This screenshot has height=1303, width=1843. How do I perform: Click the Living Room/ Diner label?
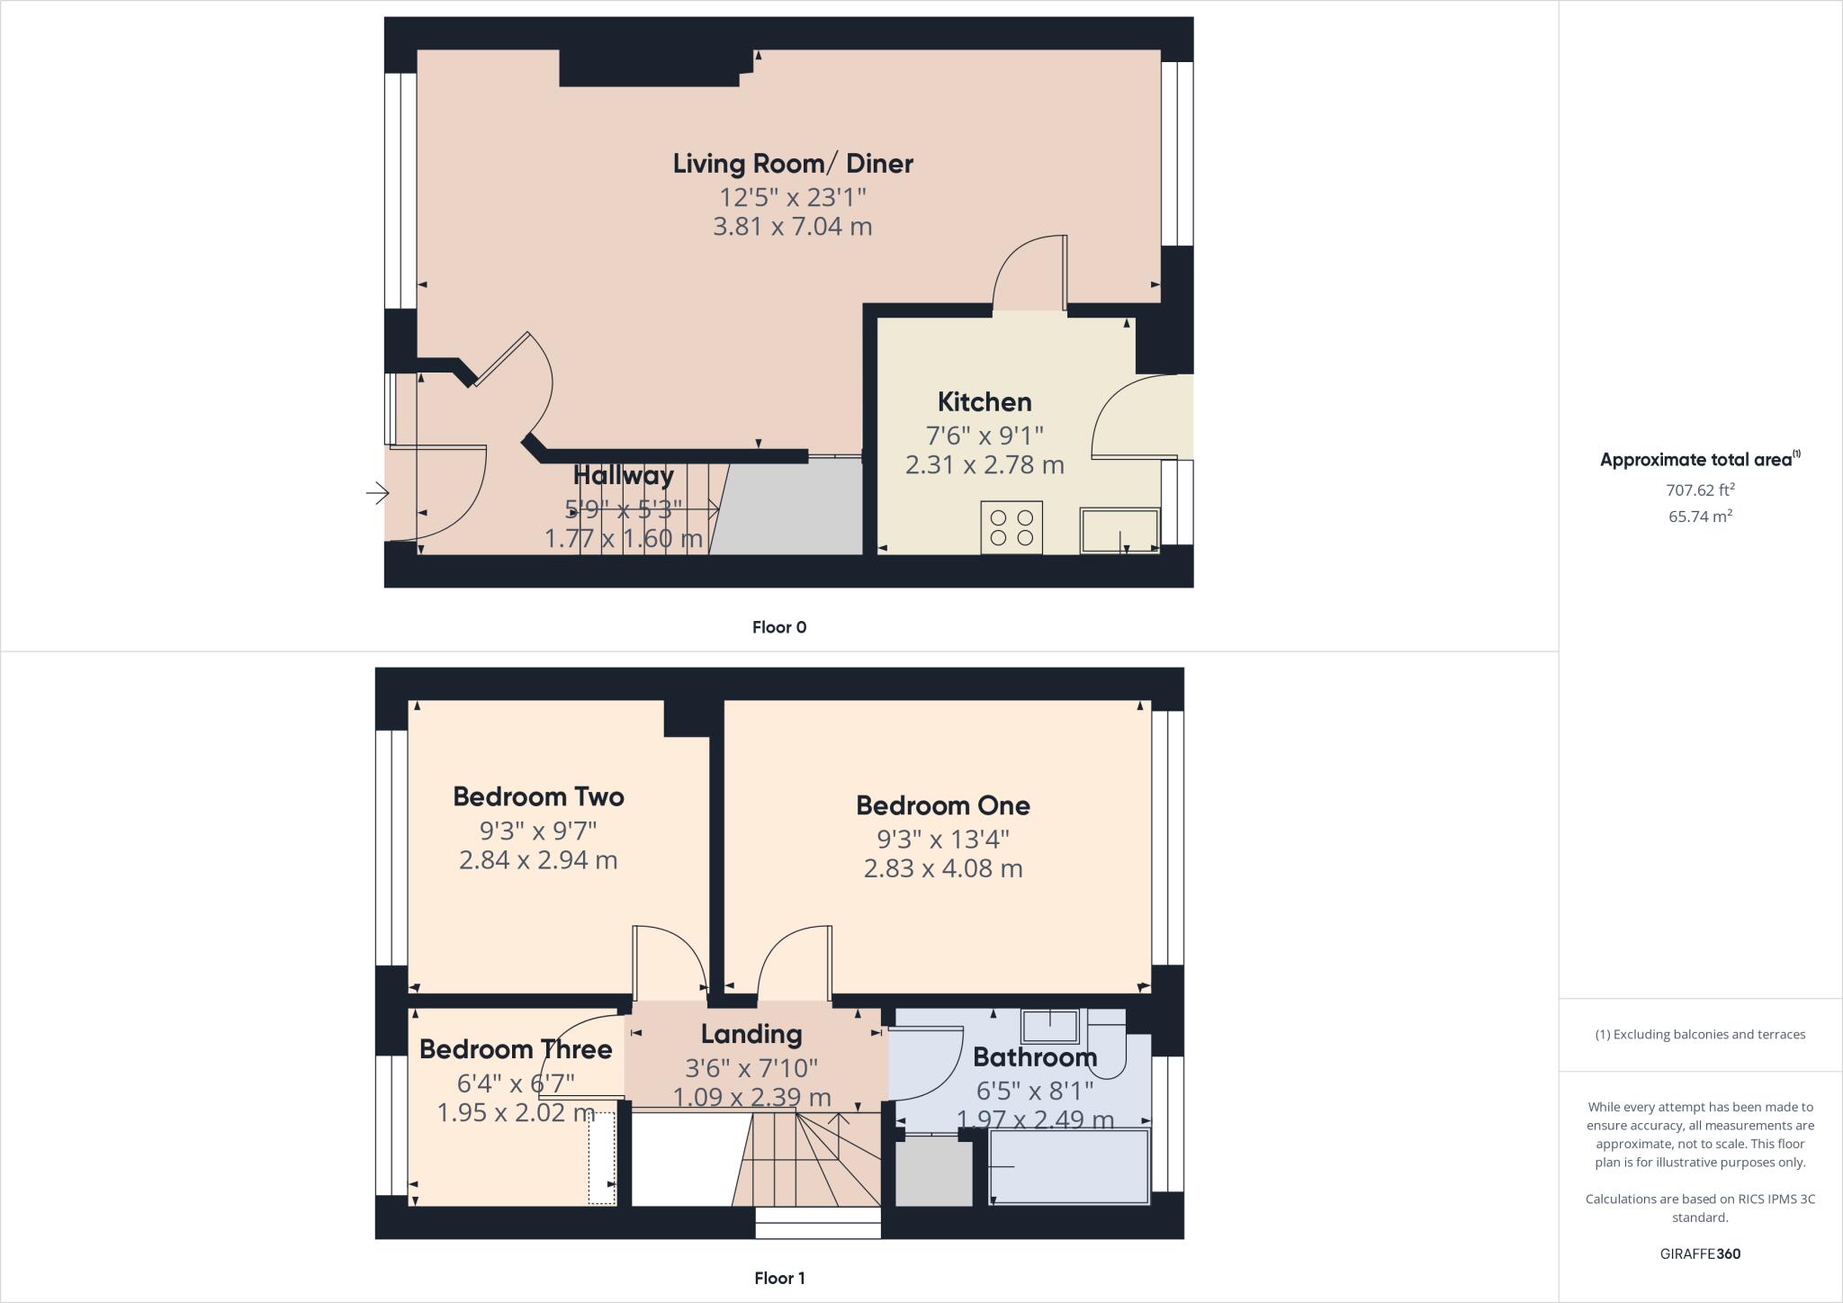[793, 164]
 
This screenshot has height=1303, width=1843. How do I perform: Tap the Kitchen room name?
[984, 401]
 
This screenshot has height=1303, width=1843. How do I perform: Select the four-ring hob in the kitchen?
[1011, 527]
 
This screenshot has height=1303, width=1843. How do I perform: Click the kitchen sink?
[1119, 531]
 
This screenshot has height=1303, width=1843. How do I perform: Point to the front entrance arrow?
[377, 493]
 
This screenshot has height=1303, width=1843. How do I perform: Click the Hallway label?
[623, 475]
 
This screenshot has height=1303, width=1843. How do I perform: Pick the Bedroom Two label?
[538, 796]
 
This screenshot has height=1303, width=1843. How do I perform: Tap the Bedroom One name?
[942, 805]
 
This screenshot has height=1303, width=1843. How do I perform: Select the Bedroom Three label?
[516, 1049]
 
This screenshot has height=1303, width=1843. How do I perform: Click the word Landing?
[751, 1035]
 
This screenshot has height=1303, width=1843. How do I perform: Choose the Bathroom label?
[1035, 1056]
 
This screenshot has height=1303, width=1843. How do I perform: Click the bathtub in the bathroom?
[1069, 1166]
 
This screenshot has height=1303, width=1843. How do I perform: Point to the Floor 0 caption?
[779, 627]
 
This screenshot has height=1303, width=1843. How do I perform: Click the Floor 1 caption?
[779, 1278]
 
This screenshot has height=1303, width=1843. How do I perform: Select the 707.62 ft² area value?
[1700, 490]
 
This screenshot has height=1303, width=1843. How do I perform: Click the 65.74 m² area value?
[1700, 517]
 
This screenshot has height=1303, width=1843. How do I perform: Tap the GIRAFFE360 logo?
[1700, 1254]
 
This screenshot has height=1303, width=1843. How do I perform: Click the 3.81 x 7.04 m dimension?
[793, 226]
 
